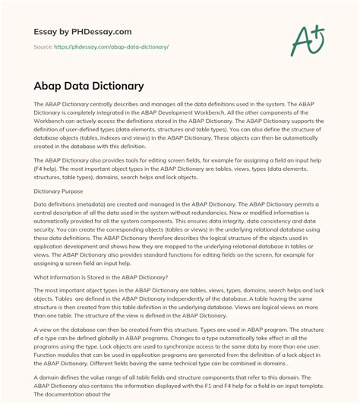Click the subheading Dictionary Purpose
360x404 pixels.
(x=65, y=191)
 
